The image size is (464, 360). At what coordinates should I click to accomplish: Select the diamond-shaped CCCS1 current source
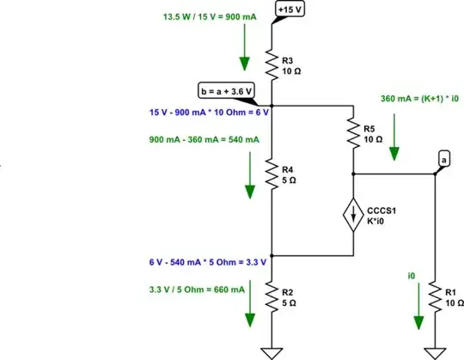(x=353, y=213)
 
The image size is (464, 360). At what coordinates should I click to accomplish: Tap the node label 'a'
(x=443, y=159)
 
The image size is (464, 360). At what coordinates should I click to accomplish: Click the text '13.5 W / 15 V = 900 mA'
(x=211, y=16)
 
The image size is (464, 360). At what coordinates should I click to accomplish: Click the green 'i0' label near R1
(x=412, y=276)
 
